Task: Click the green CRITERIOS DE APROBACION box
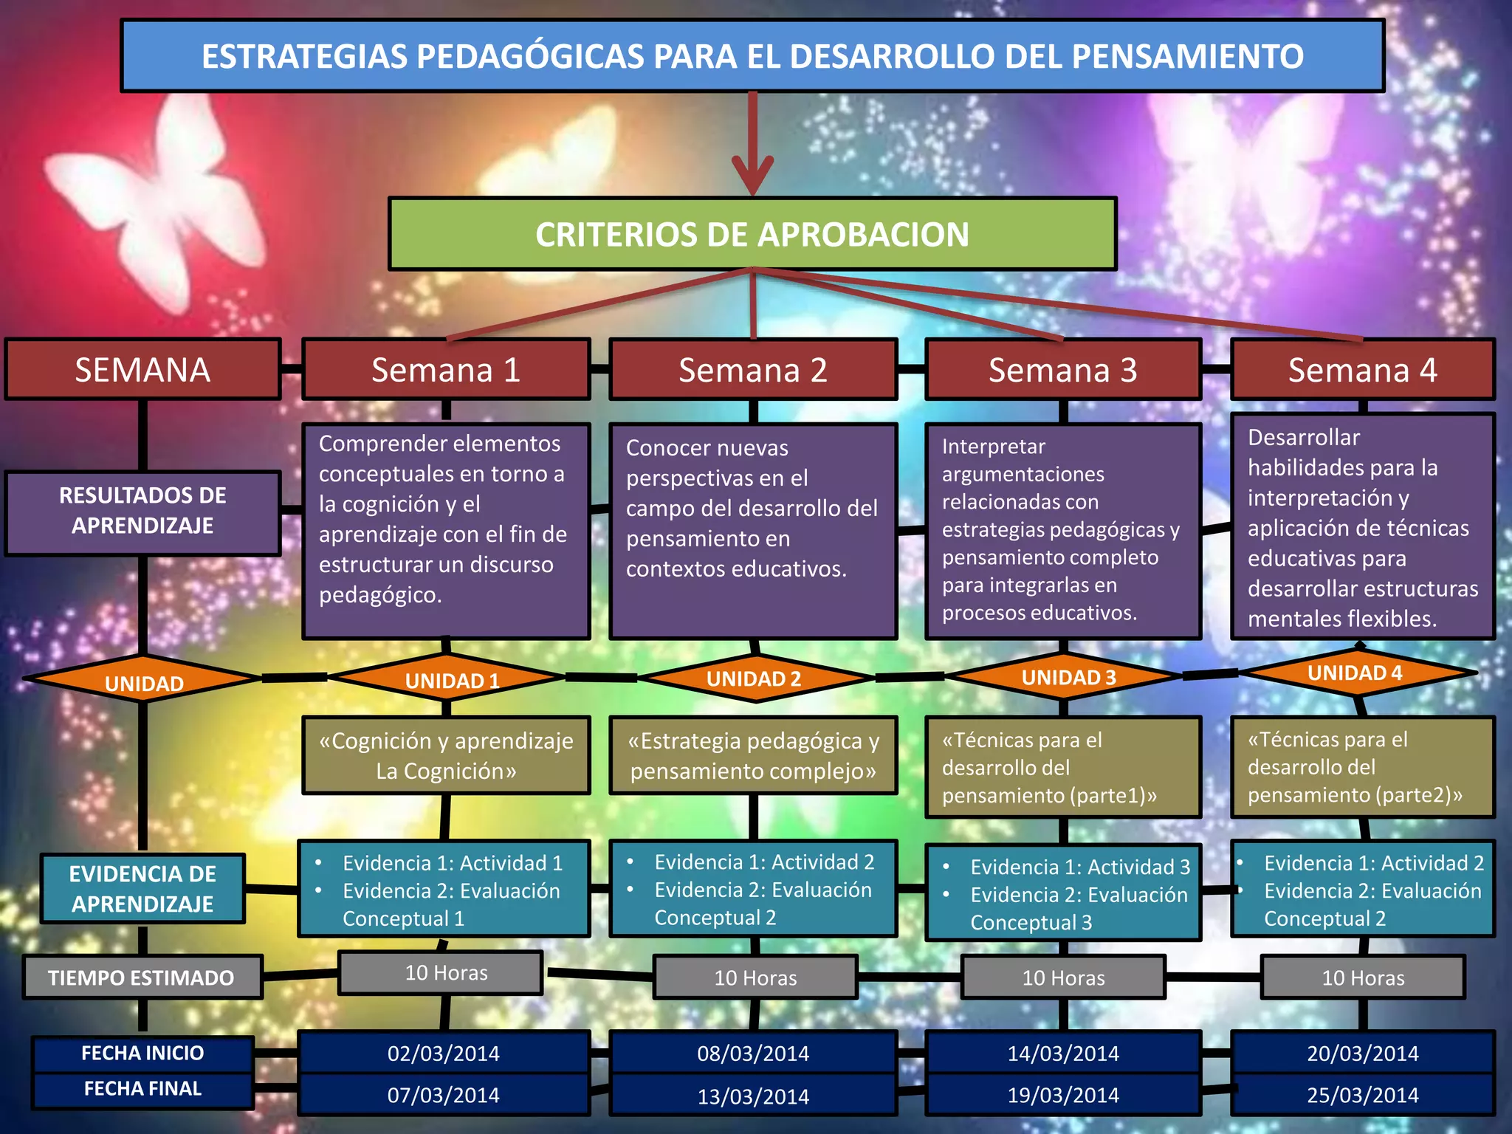(x=752, y=234)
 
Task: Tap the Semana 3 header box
(x=1062, y=370)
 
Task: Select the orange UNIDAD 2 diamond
(x=753, y=678)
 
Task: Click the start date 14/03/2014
(x=1062, y=1054)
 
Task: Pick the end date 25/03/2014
(x=1362, y=1095)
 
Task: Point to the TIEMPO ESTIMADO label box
(x=142, y=977)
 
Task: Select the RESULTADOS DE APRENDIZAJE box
(x=142, y=511)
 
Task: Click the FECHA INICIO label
(x=142, y=1053)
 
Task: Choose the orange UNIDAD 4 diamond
(x=1355, y=673)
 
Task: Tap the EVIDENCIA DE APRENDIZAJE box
(x=142, y=889)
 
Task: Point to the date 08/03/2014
(x=753, y=1054)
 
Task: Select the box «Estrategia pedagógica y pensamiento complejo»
(x=753, y=755)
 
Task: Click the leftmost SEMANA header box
(x=142, y=370)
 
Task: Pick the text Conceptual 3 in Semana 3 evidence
(x=1031, y=923)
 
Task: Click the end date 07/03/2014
(x=443, y=1095)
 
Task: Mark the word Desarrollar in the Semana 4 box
(x=1303, y=438)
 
